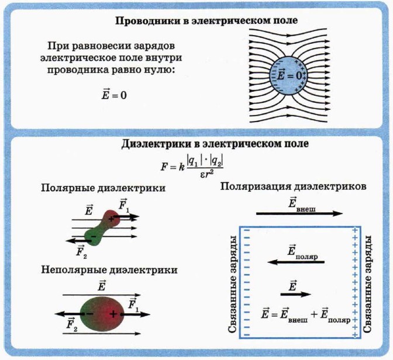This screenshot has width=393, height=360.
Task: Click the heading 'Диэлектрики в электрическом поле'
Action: click(x=215, y=143)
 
